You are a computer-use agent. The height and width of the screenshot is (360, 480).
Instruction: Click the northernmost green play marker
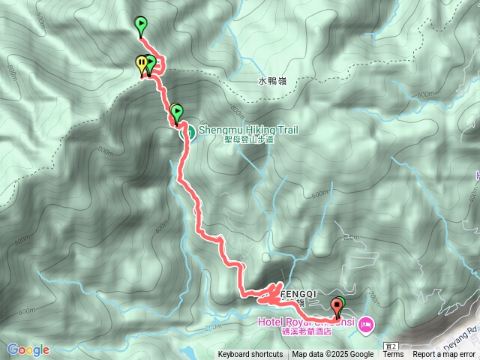click(140, 25)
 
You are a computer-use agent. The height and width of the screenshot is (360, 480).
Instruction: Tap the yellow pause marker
click(142, 64)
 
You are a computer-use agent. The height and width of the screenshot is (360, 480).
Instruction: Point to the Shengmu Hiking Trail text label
click(247, 129)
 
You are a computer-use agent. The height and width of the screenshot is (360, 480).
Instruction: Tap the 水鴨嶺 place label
click(273, 79)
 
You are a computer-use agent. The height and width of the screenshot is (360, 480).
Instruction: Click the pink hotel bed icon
click(365, 324)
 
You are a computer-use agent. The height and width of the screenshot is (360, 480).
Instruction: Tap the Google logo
click(28, 349)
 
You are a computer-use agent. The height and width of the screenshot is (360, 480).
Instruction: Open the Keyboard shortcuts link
click(250, 355)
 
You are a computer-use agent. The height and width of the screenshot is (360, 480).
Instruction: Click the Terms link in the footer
click(393, 355)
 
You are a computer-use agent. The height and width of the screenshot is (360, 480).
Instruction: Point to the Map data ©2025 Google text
click(332, 355)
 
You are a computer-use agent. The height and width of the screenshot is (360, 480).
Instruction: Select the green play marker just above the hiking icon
click(177, 112)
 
